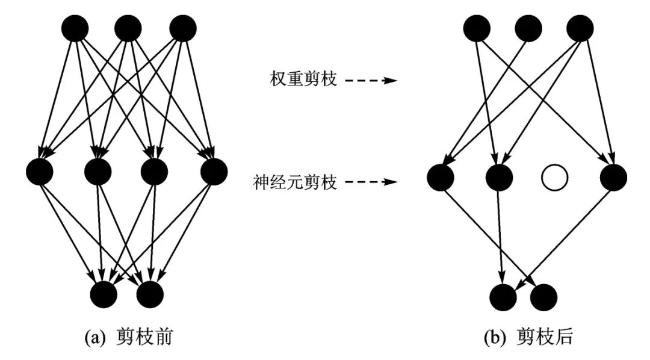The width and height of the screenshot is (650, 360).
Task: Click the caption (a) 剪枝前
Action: click(x=129, y=338)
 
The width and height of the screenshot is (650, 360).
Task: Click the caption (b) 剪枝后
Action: click(x=529, y=338)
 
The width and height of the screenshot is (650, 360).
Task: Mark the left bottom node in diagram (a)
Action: click(x=103, y=294)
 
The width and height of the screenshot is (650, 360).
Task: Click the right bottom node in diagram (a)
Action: click(x=150, y=294)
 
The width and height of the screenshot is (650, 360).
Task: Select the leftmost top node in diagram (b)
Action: click(x=475, y=28)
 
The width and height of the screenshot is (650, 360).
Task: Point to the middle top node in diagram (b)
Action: click(x=528, y=28)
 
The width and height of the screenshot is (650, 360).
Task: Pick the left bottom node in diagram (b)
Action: click(x=503, y=296)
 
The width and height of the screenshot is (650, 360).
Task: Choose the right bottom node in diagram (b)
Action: click(x=544, y=296)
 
